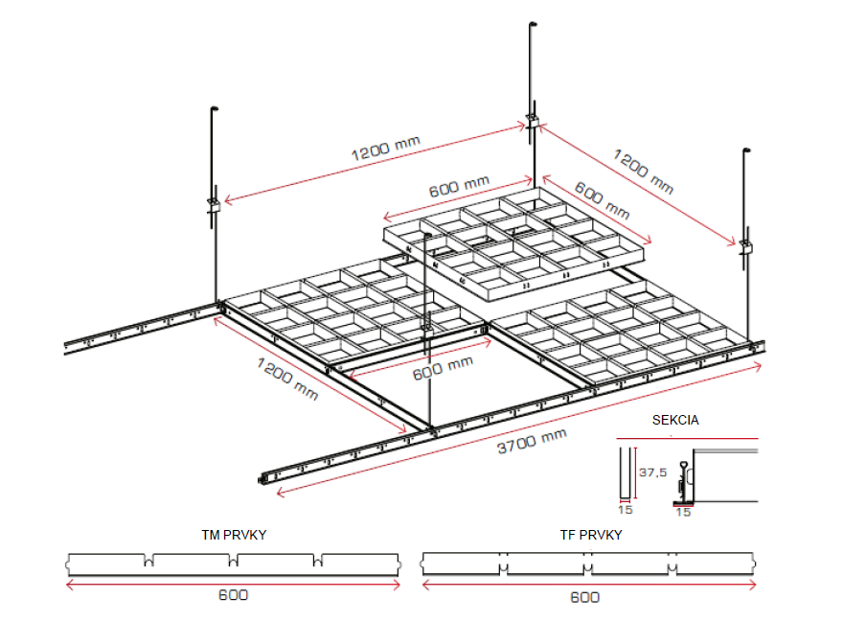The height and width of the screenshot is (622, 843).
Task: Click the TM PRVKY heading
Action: coord(234,535)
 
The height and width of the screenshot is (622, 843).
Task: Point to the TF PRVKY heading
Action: coord(590,535)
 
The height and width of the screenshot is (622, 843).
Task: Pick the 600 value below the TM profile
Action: coord(233,594)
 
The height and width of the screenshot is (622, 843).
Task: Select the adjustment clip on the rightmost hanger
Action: coord(745,246)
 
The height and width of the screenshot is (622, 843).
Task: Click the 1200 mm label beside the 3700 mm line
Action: coord(286,378)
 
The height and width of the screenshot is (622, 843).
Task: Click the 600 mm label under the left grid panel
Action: coord(443,367)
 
